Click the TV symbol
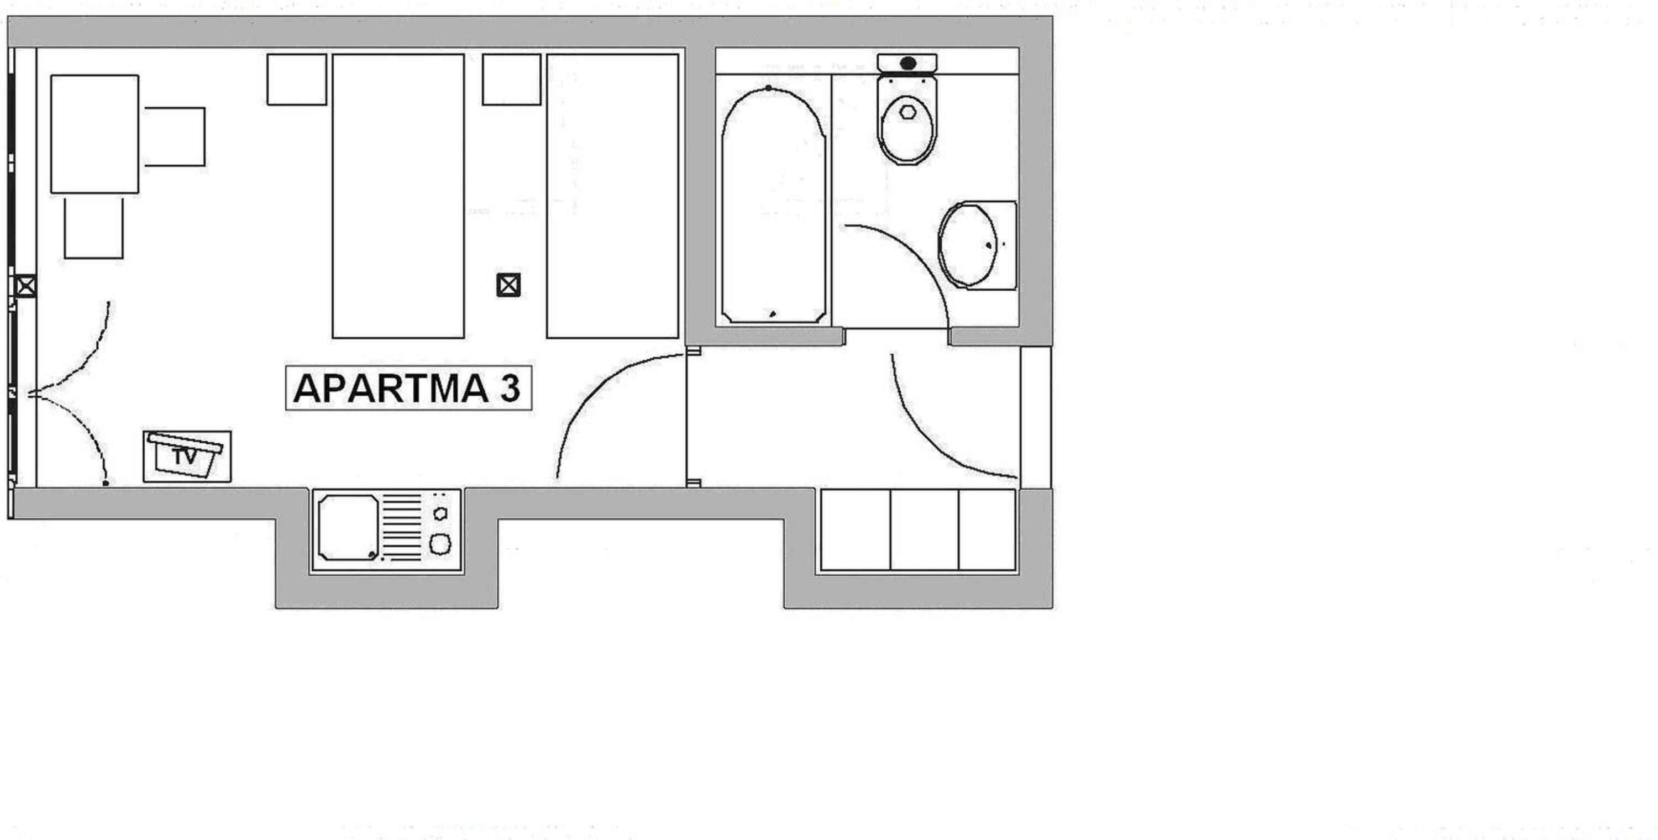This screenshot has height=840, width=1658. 187,456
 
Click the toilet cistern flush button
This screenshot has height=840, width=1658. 907,63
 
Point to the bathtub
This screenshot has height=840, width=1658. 773,204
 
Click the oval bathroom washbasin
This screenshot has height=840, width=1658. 967,245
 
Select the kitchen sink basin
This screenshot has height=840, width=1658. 348,528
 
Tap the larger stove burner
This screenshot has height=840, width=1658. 440,544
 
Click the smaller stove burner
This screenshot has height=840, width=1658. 441,513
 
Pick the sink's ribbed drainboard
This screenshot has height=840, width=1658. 402,527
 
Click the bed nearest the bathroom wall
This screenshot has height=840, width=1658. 613,196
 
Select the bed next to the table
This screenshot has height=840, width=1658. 398,196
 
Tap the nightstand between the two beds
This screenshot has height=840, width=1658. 512,79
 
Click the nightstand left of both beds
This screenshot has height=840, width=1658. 297,79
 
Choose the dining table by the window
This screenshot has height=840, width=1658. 95,134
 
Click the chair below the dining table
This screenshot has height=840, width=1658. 94,228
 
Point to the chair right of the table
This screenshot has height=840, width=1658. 175,137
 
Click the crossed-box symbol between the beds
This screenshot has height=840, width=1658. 508,285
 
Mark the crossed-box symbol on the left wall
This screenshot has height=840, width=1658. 25,286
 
